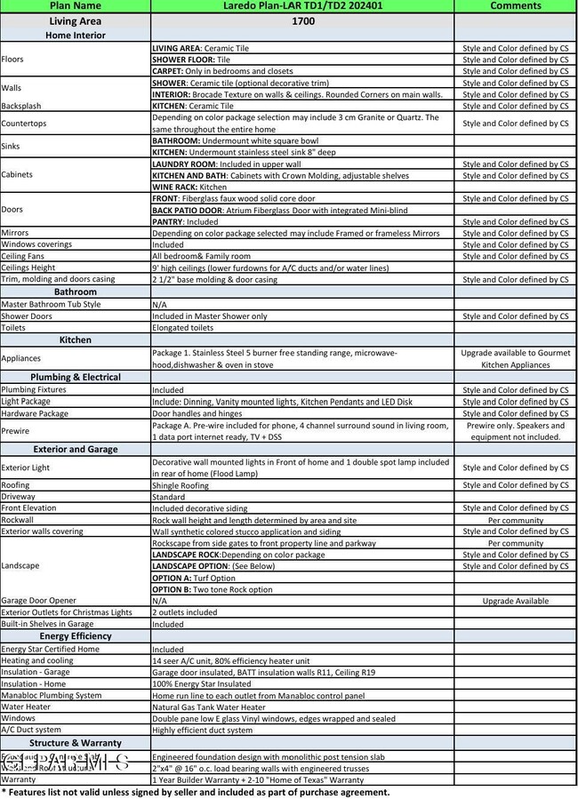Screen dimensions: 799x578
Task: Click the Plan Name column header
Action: click(75, 5)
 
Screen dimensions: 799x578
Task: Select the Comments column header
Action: click(515, 5)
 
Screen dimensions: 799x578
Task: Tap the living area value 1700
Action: click(302, 20)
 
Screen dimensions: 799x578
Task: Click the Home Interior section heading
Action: click(75, 36)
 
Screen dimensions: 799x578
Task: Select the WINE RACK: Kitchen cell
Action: click(189, 188)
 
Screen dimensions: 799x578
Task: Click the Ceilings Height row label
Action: click(28, 268)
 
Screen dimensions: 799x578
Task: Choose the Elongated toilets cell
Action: click(184, 327)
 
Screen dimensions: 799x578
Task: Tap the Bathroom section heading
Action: click(75, 292)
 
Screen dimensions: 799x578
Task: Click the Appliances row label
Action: click(21, 358)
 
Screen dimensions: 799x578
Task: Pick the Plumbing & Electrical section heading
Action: click(75, 377)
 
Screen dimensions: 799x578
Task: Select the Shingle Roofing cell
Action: click(181, 485)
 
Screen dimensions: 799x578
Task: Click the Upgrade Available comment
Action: click(515, 601)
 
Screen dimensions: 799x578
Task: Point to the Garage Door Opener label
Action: click(38, 601)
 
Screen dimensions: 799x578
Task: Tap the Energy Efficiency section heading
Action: click(75, 636)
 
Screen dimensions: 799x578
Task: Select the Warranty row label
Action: click(19, 779)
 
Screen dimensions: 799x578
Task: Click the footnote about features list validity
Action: click(195, 792)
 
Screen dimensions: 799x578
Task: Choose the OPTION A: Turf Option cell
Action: click(194, 578)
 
